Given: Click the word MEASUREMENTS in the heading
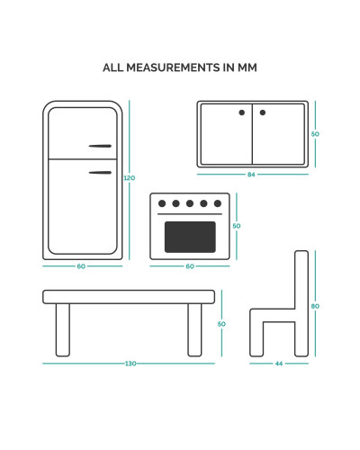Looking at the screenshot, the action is click(x=173, y=67).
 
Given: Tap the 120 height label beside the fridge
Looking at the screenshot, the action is click(x=130, y=178).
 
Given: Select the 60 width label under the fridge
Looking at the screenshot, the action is click(x=81, y=266).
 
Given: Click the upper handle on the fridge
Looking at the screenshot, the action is click(x=100, y=146).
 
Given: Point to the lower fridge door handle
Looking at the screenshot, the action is click(x=100, y=173).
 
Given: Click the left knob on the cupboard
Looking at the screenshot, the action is click(x=242, y=112).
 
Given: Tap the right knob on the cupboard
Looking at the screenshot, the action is click(x=263, y=112).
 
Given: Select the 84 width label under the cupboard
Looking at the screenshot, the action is click(x=251, y=175).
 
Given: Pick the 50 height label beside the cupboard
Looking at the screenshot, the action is click(x=315, y=134).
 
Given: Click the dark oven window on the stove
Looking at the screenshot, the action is click(x=190, y=237).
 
